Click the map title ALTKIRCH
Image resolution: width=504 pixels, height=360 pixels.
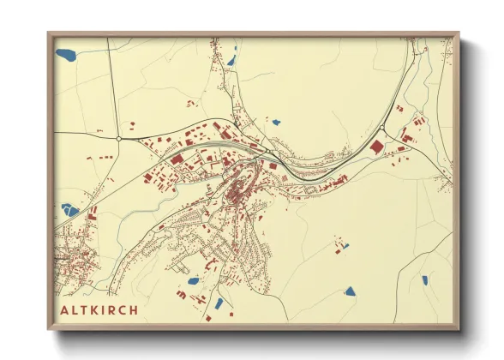99,309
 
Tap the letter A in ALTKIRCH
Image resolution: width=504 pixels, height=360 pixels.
65,309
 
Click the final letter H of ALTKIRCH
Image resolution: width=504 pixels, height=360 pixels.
134,309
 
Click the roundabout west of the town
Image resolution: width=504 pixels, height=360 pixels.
118,137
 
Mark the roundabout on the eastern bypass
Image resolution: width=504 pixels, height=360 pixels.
381,129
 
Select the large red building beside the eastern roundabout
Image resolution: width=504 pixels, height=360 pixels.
375,147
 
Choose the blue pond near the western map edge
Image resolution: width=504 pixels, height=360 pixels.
69,210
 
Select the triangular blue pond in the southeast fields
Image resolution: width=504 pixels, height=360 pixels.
350,291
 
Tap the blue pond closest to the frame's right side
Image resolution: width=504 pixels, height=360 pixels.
424,279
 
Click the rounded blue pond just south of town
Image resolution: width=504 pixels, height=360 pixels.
193,280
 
